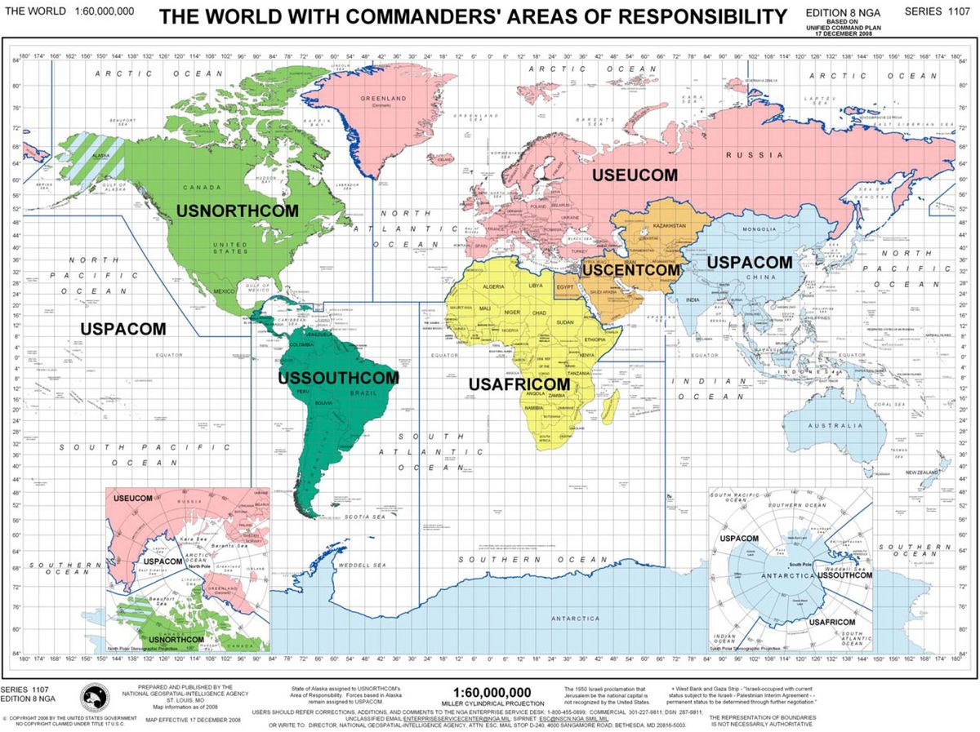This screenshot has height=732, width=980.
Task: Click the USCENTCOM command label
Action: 630,269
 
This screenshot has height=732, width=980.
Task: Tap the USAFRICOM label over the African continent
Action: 519,384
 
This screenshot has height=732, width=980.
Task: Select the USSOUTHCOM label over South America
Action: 338,378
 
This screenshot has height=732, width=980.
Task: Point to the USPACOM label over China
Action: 749,263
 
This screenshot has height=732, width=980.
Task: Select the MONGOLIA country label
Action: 759,229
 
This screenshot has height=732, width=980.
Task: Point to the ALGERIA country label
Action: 494,287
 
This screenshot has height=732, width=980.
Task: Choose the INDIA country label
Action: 693,299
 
